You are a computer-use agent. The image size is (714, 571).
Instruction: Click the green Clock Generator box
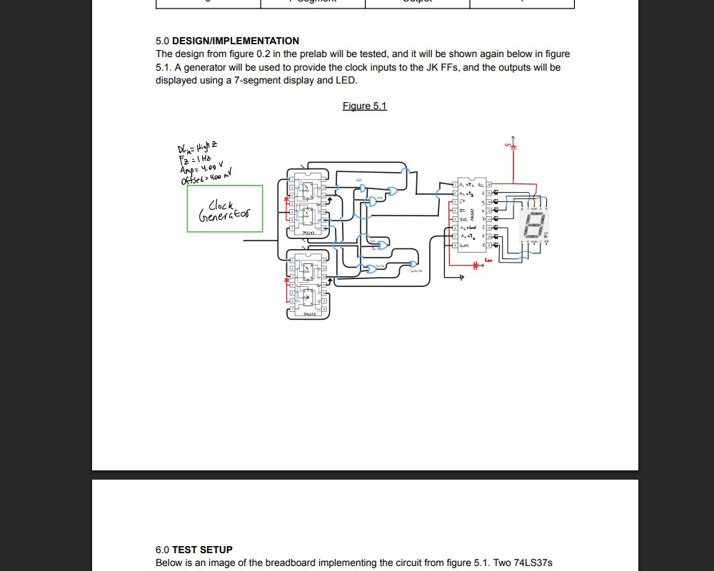tap(225, 208)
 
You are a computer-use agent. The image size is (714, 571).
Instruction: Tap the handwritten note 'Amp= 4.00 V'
tap(202, 166)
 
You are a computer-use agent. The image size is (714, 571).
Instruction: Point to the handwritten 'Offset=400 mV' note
tap(207, 176)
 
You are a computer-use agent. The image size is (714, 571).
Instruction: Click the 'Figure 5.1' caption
tap(364, 106)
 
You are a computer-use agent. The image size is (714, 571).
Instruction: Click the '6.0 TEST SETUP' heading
tap(193, 550)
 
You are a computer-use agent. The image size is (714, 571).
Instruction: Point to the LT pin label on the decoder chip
tap(463, 202)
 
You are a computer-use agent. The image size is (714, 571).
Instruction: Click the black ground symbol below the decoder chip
tap(461, 277)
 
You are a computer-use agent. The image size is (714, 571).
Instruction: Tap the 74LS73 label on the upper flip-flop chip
tap(309, 233)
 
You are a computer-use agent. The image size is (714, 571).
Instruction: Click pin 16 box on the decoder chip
tap(490, 184)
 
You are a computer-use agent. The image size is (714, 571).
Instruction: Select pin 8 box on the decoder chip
tap(455, 246)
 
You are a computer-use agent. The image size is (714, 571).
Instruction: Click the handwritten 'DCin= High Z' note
tap(193, 148)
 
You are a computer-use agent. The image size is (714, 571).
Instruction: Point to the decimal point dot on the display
tap(545, 236)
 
